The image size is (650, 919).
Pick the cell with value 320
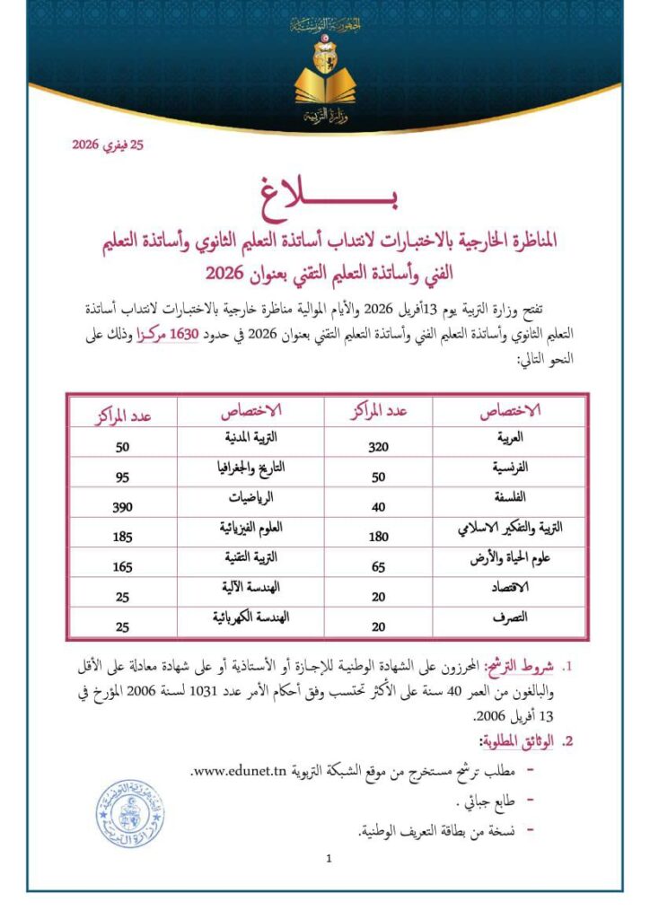378,445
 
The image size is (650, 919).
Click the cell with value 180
378,537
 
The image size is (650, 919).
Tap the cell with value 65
378,566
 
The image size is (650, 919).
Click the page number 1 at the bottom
329,859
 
